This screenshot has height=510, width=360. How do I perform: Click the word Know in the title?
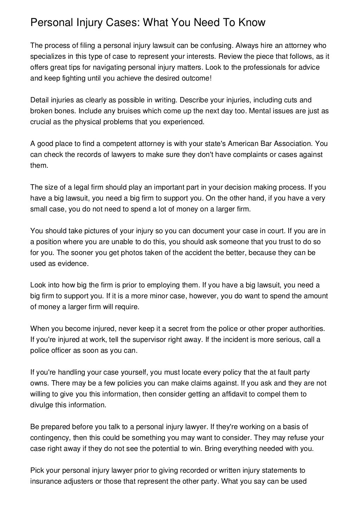coord(252,23)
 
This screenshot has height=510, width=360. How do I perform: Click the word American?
coord(243,144)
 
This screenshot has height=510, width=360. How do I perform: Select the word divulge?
coord(41,405)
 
